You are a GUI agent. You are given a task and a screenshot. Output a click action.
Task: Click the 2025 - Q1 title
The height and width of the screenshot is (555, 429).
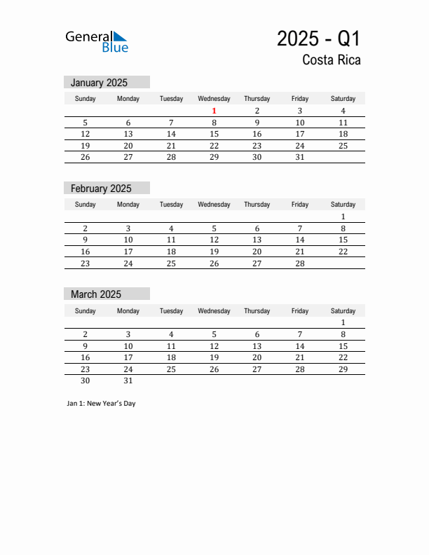click(x=319, y=38)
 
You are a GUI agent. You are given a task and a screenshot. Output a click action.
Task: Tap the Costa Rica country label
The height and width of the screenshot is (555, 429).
click(x=332, y=60)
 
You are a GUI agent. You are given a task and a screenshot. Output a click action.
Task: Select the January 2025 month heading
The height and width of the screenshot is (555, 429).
click(x=99, y=83)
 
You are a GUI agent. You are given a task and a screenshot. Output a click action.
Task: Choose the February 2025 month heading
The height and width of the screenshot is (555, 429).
click(x=101, y=189)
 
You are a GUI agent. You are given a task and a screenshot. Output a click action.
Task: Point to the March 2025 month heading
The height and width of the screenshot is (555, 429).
click(x=96, y=294)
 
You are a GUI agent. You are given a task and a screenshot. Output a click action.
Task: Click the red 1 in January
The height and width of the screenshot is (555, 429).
click(x=214, y=111)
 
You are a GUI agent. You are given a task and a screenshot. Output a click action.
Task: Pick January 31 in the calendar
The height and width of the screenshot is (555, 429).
click(x=299, y=157)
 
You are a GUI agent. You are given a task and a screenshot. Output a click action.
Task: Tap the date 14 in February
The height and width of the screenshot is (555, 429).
click(x=299, y=240)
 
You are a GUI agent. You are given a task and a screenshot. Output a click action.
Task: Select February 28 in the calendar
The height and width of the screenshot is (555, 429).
click(x=299, y=263)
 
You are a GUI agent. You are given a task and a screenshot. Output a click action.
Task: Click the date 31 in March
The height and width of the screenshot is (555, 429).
click(x=128, y=381)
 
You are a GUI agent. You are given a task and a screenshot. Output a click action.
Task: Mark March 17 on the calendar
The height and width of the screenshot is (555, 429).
click(x=128, y=357)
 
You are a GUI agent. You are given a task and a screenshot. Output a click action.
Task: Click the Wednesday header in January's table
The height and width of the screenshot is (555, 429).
click(x=214, y=99)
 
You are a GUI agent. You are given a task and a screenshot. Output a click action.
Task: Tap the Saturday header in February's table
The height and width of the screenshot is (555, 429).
click(x=343, y=205)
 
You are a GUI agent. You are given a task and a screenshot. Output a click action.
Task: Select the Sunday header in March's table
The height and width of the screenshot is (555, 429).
click(x=86, y=311)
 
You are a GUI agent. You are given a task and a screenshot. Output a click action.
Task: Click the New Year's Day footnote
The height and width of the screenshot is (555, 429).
click(x=102, y=404)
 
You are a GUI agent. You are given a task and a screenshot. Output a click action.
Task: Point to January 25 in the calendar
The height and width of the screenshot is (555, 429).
click(x=343, y=146)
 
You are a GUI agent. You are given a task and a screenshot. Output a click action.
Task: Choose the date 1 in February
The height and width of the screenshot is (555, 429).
click(x=343, y=217)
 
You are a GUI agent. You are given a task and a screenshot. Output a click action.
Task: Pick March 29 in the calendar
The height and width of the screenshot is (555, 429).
click(x=343, y=369)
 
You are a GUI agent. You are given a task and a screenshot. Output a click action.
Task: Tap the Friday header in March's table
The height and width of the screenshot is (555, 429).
click(x=299, y=311)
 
